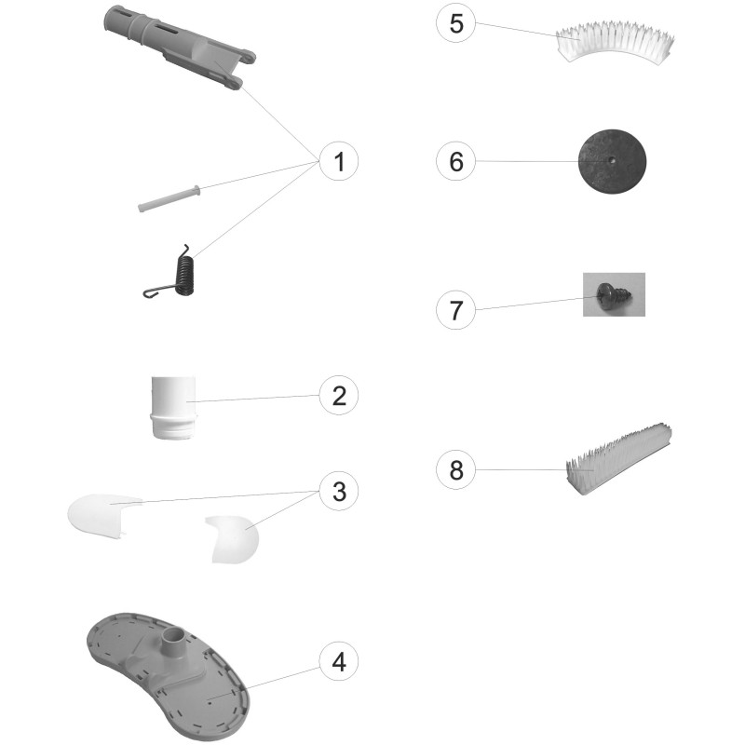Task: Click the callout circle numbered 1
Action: tap(339, 161)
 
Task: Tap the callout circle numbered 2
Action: tap(339, 395)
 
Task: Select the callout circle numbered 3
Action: tap(339, 492)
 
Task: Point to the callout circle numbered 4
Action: tap(339, 661)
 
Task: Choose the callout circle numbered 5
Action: tap(456, 23)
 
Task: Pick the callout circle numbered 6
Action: tap(456, 161)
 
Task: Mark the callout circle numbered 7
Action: tap(456, 310)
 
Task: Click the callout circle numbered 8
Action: tap(456, 470)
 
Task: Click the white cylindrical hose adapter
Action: tap(173, 408)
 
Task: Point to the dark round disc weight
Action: tap(612, 161)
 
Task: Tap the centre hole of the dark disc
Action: tap(613, 160)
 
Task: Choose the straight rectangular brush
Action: tap(618, 457)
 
